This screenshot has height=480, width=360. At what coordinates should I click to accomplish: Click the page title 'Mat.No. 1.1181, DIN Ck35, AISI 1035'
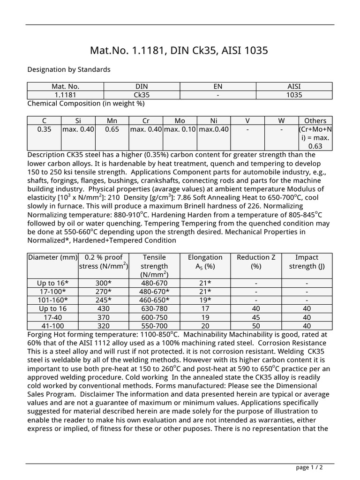coord(180,50)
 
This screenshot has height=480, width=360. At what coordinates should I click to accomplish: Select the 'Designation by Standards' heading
coord(69,69)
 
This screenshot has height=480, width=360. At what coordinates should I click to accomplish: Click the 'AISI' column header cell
coord(294,86)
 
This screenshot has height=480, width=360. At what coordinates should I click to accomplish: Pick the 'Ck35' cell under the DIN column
coord(142,95)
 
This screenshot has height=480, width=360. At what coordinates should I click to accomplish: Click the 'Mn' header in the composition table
coord(112,120)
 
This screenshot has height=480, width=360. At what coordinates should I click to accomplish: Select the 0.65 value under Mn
coord(112,129)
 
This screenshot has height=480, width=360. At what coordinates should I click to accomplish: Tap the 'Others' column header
coord(315,120)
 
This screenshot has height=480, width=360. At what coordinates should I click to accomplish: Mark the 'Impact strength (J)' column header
coord(307,262)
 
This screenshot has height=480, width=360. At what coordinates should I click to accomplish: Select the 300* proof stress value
coord(103,283)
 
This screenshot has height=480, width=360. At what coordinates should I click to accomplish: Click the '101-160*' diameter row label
coord(53,300)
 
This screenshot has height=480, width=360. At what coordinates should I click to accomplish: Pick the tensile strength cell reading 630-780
coord(154,308)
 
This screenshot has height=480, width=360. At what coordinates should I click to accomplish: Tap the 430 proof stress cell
coord(103,308)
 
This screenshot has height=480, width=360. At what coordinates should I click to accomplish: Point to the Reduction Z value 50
coord(256,326)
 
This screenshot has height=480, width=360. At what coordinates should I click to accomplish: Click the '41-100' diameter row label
coord(53,326)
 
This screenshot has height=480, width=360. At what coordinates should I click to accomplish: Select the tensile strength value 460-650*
coord(154,300)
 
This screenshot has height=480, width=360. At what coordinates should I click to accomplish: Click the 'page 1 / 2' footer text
coord(309,467)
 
